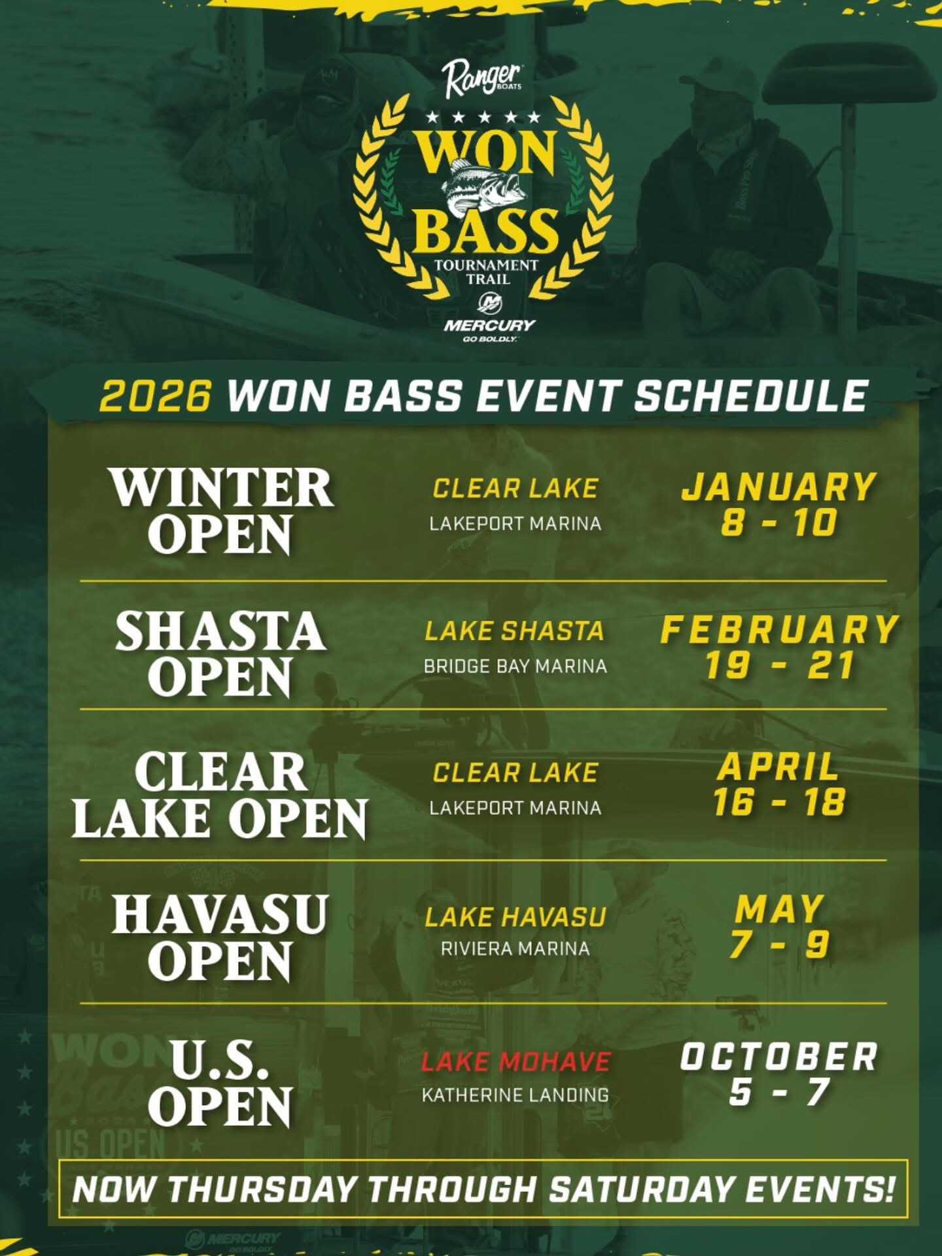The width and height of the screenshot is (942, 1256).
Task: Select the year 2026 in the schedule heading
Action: (156, 396)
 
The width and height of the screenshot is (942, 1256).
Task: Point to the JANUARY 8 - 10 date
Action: (778, 504)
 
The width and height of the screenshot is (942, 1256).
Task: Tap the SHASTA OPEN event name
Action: (220, 654)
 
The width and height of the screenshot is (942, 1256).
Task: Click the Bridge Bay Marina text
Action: (515, 667)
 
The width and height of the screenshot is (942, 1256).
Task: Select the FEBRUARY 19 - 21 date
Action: (778, 647)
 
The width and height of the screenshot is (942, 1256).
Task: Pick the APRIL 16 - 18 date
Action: (778, 784)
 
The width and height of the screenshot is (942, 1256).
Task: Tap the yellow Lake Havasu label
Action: (515, 917)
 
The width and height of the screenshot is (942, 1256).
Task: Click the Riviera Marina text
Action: (515, 949)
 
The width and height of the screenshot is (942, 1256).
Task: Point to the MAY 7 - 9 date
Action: (778, 927)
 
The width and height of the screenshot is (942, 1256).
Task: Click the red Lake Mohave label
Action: (515, 1061)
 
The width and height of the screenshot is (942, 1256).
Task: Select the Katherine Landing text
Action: (515, 1095)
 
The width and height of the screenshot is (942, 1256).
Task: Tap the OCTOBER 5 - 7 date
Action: (778, 1075)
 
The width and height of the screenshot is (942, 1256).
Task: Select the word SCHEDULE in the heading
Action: (751, 396)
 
